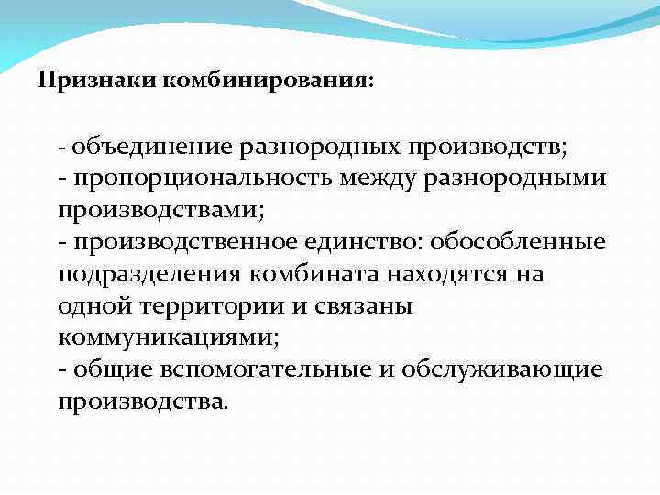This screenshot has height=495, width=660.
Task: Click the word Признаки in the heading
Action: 98,81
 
